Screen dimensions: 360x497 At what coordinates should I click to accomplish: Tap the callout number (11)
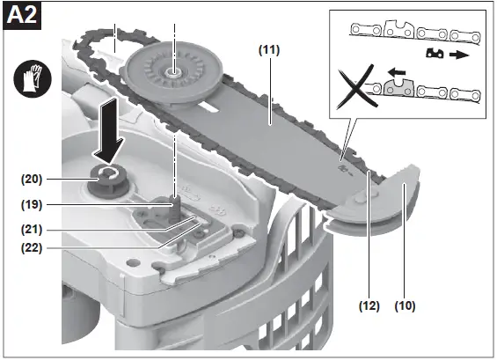[x=269, y=49]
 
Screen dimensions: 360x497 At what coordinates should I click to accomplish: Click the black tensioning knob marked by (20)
[x=108, y=182]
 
